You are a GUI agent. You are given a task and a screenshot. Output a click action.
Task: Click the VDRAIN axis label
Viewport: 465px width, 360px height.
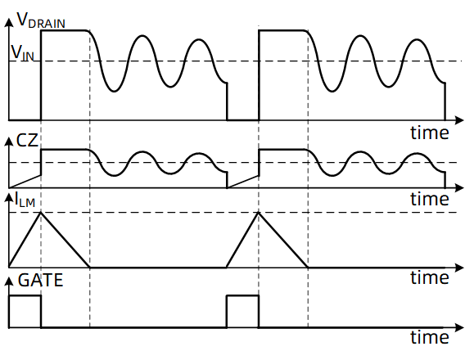(41, 20)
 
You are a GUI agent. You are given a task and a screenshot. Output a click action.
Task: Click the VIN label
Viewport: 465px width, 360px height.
(23, 52)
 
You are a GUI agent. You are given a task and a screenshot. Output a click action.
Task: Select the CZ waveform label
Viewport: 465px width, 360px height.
(27, 141)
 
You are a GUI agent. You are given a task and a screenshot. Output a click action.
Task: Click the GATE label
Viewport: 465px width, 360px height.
(41, 280)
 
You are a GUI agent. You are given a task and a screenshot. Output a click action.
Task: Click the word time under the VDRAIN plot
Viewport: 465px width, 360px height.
(430, 133)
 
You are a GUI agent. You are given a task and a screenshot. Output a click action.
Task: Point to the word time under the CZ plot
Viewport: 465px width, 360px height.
(430, 199)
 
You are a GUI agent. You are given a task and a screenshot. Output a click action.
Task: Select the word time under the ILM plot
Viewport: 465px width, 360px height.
(430, 277)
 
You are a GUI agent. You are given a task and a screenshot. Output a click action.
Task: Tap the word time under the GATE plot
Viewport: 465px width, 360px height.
(430, 337)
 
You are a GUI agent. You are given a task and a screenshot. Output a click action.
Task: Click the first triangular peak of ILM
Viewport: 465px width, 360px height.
(41, 213)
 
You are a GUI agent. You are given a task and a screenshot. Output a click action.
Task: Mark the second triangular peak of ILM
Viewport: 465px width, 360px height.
(259, 213)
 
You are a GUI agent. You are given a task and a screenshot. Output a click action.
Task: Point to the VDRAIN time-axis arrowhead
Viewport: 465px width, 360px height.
(458, 120)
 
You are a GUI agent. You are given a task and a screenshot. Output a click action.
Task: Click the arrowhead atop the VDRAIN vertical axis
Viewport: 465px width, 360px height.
(9, 23)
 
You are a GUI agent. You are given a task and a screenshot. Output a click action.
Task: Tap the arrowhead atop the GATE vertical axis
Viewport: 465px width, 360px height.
(9, 281)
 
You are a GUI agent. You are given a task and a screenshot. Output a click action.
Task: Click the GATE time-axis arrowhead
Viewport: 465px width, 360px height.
(458, 327)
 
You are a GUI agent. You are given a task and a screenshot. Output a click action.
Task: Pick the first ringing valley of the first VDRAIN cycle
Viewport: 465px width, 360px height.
(114, 92)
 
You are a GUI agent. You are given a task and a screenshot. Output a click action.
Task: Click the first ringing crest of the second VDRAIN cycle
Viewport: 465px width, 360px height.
(360, 36)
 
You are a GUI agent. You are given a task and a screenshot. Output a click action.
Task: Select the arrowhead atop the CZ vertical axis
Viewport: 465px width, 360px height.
(9, 142)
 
